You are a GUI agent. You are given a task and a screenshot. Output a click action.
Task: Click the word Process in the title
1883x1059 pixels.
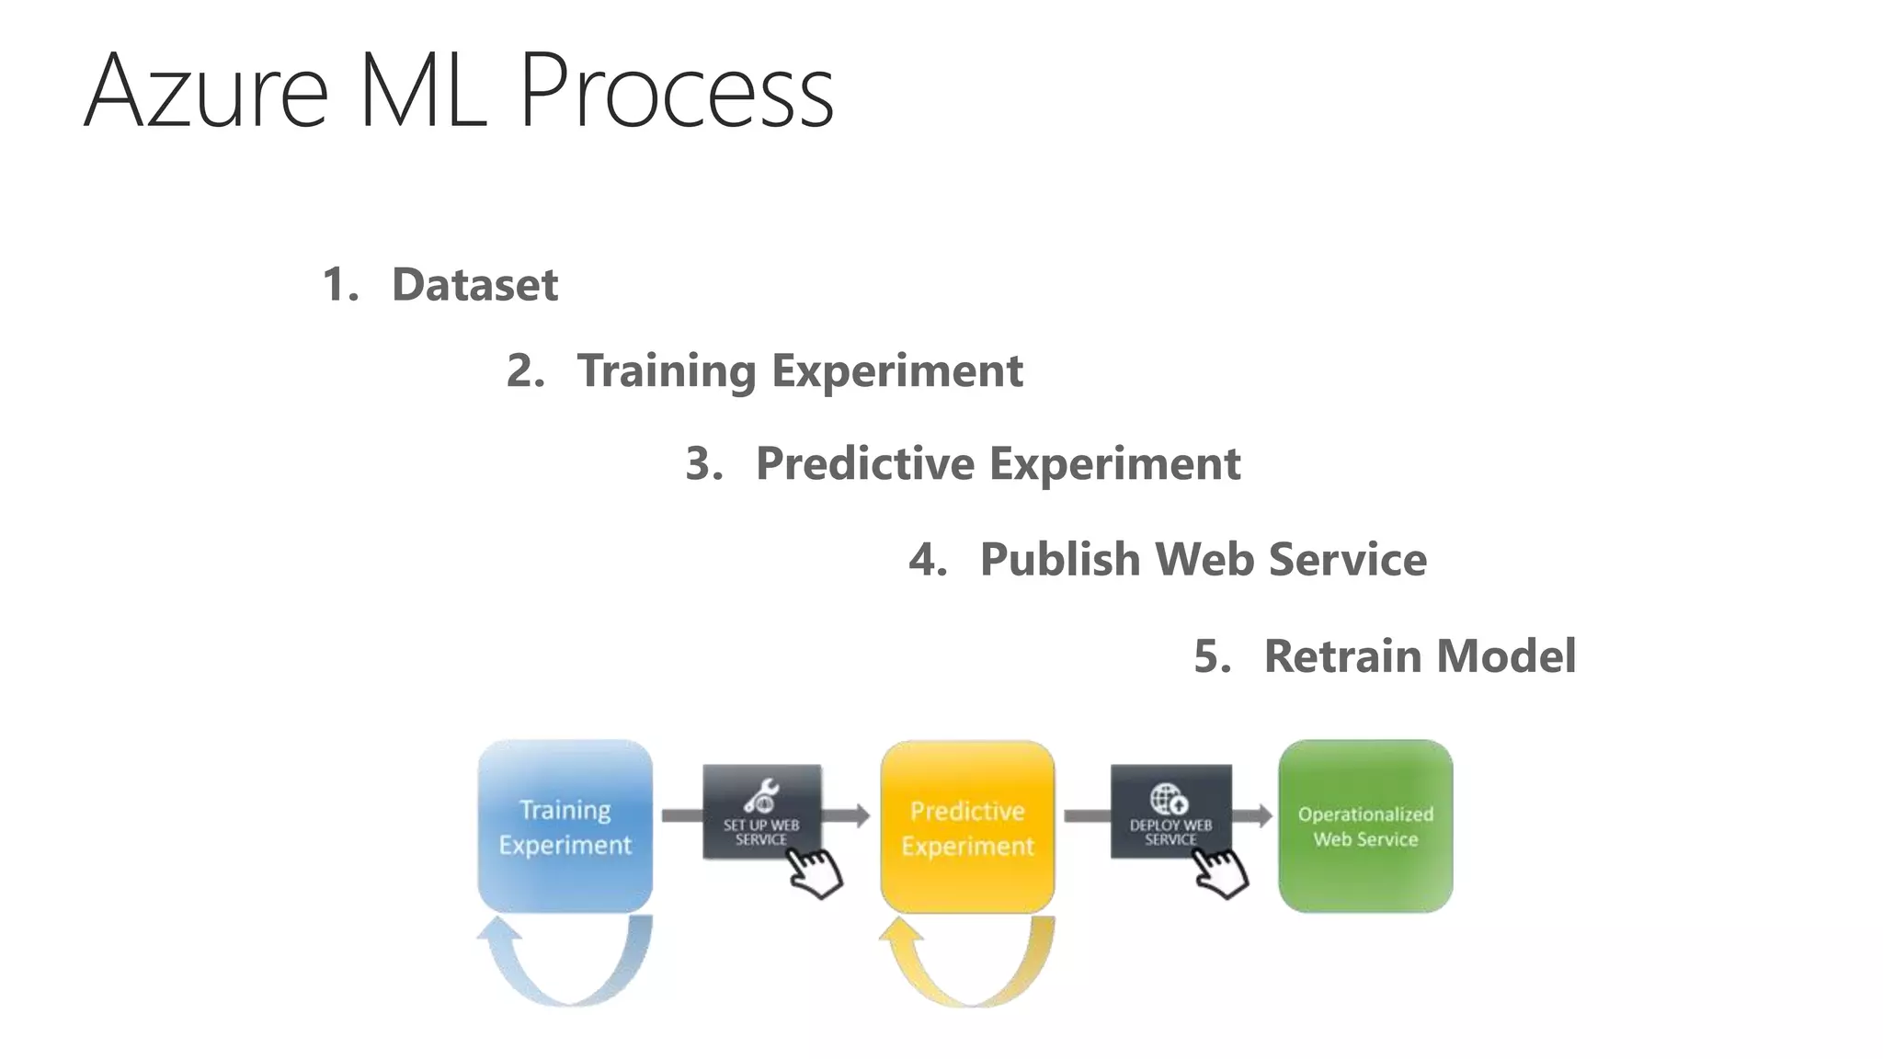coord(676,92)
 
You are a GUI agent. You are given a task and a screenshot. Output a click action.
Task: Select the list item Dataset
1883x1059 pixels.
coord(474,284)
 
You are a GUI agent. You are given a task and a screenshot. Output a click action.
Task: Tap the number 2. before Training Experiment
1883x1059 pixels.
coord(525,370)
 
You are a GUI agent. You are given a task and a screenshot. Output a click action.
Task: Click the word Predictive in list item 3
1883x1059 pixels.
coord(864,463)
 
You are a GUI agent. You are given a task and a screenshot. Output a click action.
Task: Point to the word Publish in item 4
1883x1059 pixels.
coord(1059,559)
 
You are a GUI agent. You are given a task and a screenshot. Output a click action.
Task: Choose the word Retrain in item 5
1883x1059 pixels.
coord(1342,656)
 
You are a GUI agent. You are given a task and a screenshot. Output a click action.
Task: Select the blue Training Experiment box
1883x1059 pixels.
coord(565,826)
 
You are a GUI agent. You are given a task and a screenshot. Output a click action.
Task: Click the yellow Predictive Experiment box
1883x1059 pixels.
coord(967,826)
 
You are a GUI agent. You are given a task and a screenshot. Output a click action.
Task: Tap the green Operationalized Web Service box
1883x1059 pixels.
coord(1365,826)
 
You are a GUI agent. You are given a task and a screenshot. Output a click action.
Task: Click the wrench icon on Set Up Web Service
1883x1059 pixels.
coord(761,795)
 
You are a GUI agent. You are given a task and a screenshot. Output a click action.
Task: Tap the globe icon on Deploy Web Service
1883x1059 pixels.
coord(1169,798)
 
